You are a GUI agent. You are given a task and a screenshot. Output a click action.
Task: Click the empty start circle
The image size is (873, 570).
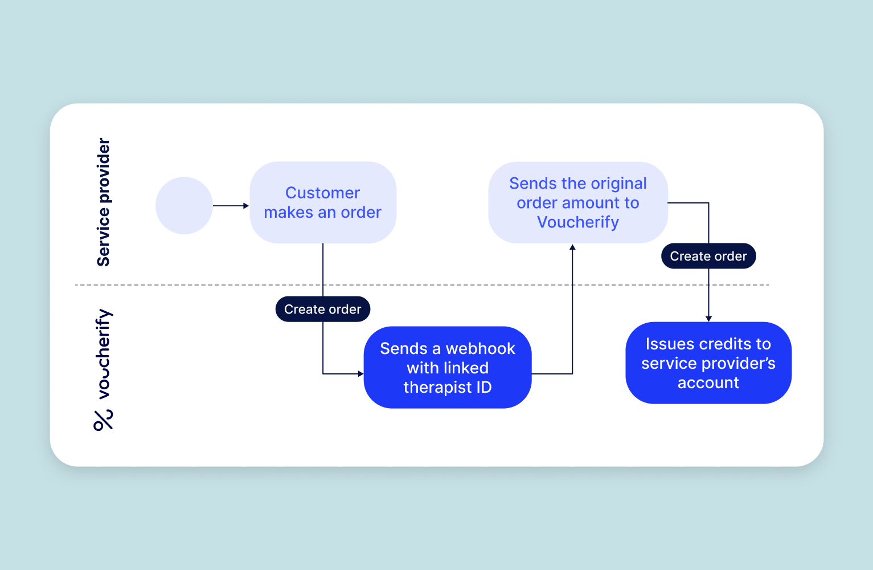tap(184, 205)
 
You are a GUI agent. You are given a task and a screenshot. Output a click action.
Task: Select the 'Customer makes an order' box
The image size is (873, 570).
tap(323, 202)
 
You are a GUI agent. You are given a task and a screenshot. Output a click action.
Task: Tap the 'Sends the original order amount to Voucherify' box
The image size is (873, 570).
tap(577, 202)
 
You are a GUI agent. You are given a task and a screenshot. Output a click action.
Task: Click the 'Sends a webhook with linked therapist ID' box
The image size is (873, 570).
tap(447, 367)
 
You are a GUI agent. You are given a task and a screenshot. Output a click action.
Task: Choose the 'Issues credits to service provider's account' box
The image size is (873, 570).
tap(708, 363)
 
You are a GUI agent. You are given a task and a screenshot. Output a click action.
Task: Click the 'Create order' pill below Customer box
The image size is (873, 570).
tap(322, 309)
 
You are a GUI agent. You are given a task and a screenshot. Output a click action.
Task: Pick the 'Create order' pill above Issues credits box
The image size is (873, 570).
tap(708, 256)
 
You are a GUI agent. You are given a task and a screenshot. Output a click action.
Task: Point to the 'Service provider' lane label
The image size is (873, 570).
tap(103, 202)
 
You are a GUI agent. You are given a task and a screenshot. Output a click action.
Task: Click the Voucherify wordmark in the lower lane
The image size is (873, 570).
tap(103, 353)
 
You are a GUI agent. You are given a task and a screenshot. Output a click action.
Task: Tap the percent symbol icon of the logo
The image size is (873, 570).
tap(103, 420)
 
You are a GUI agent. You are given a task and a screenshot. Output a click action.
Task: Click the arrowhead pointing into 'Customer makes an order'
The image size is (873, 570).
tap(246, 206)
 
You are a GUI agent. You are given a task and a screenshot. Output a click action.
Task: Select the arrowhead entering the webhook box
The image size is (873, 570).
tap(360, 374)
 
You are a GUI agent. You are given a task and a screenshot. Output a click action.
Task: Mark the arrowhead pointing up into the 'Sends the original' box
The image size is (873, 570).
tap(572, 247)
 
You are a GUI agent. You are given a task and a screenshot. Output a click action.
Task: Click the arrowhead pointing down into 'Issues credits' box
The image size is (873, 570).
tap(708, 319)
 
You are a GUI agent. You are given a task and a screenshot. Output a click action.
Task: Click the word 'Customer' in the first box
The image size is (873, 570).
tap(322, 193)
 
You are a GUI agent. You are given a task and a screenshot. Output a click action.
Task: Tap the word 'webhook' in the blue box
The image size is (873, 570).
tap(480, 348)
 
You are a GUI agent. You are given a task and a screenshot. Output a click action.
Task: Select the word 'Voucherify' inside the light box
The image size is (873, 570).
tap(577, 222)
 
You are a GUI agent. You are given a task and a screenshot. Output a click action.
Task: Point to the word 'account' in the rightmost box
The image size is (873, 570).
tap(708, 382)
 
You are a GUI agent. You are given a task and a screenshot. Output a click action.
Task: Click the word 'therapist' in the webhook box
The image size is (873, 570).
tap(429, 387)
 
